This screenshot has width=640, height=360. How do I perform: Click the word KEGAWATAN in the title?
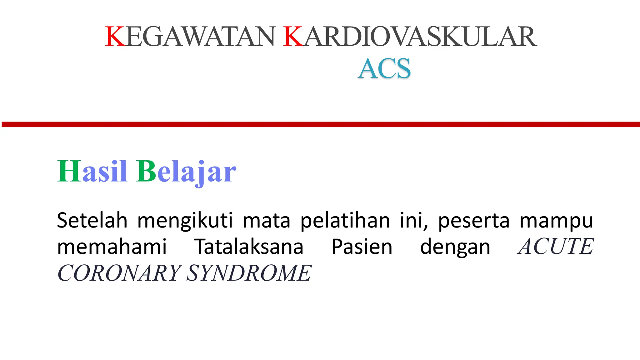pyautogui.click(x=191, y=37)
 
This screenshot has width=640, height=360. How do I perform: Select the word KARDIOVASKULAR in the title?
pyautogui.click(x=410, y=37)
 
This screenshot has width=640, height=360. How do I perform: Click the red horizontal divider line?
pyautogui.click(x=320, y=124)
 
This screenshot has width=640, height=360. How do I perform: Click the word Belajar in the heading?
pyautogui.click(x=186, y=172)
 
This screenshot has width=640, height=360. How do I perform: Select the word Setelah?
pyautogui.click(x=92, y=220)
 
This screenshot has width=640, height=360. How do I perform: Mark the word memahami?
pyautogui.click(x=112, y=247)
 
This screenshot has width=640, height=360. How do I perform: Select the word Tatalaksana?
pyautogui.click(x=249, y=247)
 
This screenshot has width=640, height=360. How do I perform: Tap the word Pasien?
pyautogui.click(x=362, y=247)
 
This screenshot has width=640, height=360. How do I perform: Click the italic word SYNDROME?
pyautogui.click(x=249, y=273)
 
